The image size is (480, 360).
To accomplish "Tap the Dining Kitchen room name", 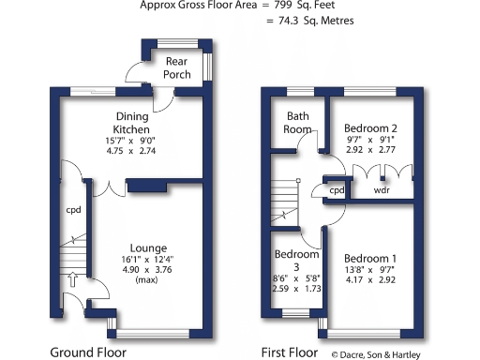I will coord(132,122).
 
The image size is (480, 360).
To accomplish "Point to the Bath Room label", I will coord(298,122).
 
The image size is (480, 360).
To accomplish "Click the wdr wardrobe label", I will coord(381,190).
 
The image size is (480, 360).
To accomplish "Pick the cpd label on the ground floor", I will coord(72,210).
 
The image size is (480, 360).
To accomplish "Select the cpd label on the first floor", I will coord(337,190).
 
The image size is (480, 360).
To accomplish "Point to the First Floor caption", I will coord(292,353).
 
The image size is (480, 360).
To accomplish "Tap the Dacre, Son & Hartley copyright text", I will coord(382,354).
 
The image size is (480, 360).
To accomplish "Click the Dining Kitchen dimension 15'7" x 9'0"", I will coord(132,141).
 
